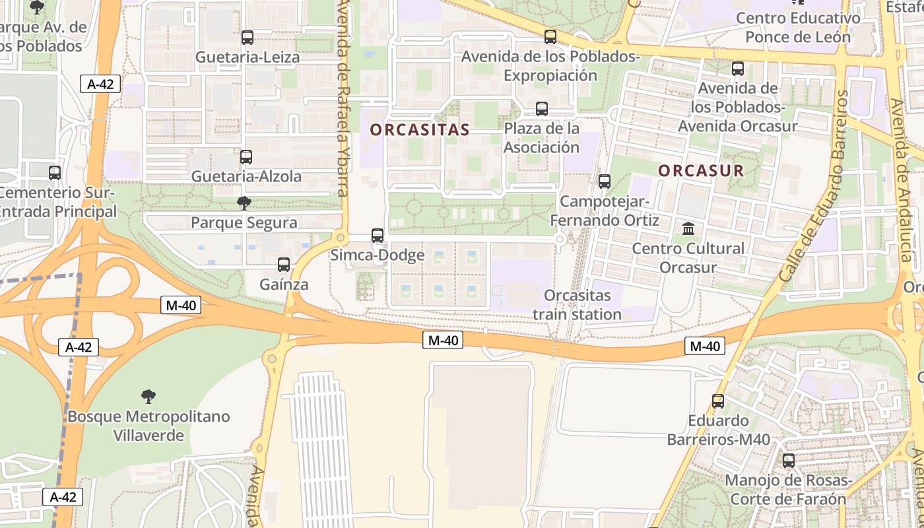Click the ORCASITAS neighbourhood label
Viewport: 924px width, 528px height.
(419, 130)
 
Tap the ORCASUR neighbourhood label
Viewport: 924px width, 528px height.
(701, 170)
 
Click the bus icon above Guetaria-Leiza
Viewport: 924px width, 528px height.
(247, 38)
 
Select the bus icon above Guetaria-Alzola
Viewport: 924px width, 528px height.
(246, 157)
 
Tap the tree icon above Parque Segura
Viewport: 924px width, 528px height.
(244, 203)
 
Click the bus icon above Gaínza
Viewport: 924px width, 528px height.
(284, 265)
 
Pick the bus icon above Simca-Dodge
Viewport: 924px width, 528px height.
(378, 235)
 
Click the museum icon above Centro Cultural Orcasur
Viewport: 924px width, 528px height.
(688, 229)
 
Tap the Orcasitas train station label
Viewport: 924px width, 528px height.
(577, 304)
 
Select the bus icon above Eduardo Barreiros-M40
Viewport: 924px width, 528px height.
(718, 401)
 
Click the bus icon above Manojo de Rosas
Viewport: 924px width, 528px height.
(789, 461)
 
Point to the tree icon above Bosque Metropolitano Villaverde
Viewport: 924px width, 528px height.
(148, 397)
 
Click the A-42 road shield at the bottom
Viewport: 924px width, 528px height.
(63, 497)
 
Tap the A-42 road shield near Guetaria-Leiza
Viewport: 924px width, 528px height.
(100, 84)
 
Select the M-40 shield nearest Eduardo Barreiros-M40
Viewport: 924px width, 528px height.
(705, 346)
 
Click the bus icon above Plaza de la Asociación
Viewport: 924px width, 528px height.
(542, 109)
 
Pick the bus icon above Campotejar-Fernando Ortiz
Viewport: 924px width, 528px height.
(605, 181)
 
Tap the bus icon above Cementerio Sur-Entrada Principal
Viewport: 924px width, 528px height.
(55, 173)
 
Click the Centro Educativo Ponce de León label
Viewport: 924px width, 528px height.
(798, 27)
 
